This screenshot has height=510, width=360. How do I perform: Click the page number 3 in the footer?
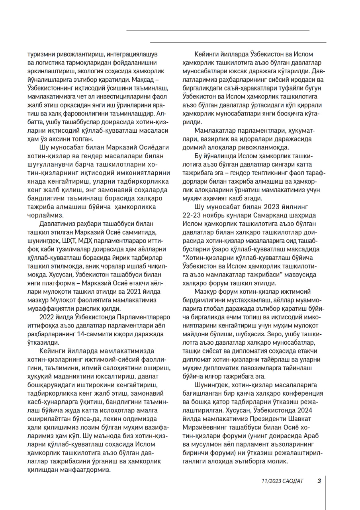(x=319, y=481)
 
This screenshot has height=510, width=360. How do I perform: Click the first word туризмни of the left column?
(x=41, y=53)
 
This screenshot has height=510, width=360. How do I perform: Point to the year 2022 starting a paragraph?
(x=48, y=317)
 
